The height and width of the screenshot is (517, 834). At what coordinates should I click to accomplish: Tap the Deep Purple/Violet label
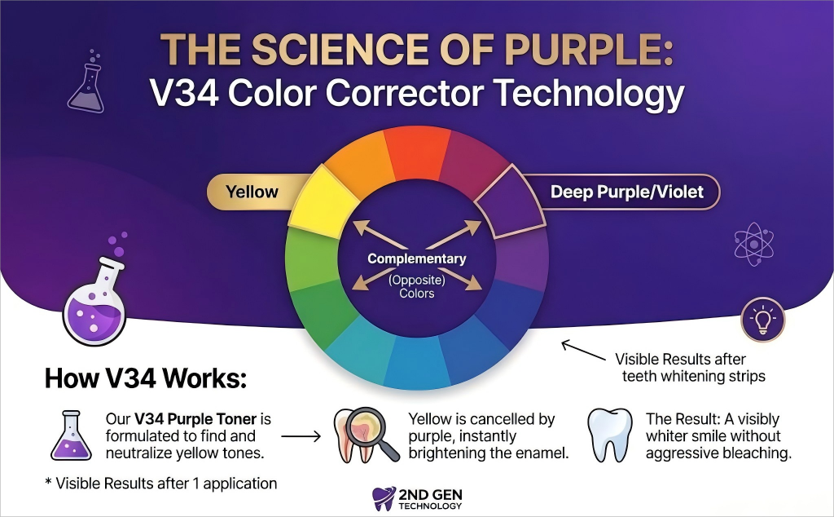(626, 192)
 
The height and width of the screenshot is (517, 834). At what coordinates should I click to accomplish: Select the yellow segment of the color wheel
(324, 202)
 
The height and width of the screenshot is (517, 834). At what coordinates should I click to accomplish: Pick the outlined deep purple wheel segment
(510, 202)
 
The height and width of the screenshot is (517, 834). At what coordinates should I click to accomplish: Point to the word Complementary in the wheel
(416, 258)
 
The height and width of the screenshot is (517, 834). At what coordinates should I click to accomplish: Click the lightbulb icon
(762, 320)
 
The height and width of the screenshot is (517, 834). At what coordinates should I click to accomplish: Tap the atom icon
(753, 245)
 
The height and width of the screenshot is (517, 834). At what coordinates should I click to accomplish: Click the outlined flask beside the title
(86, 85)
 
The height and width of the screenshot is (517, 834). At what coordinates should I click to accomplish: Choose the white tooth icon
(609, 435)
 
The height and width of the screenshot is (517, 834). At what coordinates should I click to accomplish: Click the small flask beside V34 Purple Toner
(72, 435)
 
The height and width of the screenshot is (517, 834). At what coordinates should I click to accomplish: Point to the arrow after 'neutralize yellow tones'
(301, 436)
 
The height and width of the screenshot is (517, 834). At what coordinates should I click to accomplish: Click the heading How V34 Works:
(146, 378)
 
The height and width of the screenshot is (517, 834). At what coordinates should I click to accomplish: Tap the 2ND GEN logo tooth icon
(384, 499)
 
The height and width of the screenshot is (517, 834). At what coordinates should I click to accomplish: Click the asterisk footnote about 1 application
(161, 484)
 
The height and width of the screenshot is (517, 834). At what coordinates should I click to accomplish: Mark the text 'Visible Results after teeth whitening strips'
(691, 368)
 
